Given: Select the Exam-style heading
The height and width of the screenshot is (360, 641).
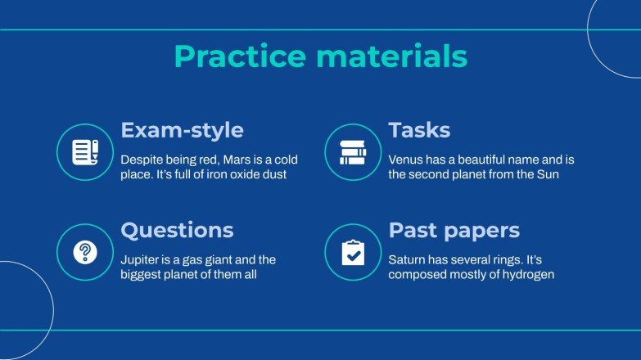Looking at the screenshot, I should pyautogui.click(x=182, y=130).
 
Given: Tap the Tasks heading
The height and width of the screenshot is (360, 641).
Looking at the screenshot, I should pyautogui.click(x=419, y=130).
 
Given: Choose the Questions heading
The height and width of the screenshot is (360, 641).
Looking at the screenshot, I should pyautogui.click(x=177, y=230).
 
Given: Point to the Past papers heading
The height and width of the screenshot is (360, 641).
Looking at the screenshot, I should pyautogui.click(x=454, y=230).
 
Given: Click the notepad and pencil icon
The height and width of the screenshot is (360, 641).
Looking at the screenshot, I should pyautogui.click(x=84, y=151).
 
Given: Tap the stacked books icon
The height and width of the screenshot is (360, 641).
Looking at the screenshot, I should pyautogui.click(x=353, y=151).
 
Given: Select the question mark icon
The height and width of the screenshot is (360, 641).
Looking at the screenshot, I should pyautogui.click(x=84, y=252).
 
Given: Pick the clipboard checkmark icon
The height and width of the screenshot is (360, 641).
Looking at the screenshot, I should pyautogui.click(x=353, y=252).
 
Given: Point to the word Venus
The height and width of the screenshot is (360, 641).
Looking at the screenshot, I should pyautogui.click(x=406, y=158).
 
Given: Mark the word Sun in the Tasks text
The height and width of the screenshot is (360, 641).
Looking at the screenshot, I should pyautogui.click(x=548, y=174).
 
